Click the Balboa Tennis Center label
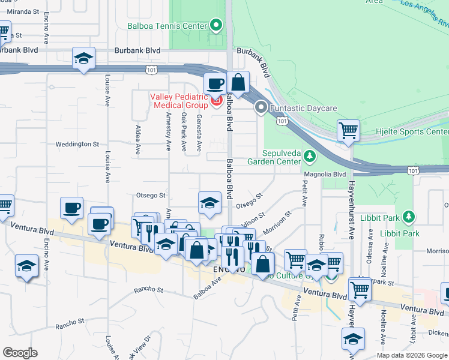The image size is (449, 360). point(166,26)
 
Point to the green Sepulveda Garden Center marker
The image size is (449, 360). point(309,157)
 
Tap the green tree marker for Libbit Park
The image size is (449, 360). point(409,215)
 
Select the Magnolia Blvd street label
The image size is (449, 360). point(325,174)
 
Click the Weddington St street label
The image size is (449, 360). point(77,144)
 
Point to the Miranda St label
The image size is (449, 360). point(24,11)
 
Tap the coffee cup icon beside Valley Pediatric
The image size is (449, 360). point(214,83)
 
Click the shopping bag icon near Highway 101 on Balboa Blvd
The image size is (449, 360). point(238,82)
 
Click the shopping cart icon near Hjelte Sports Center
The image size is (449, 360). point(348,130)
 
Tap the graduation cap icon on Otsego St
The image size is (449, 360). point(209,202)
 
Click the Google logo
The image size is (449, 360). point(20,353)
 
